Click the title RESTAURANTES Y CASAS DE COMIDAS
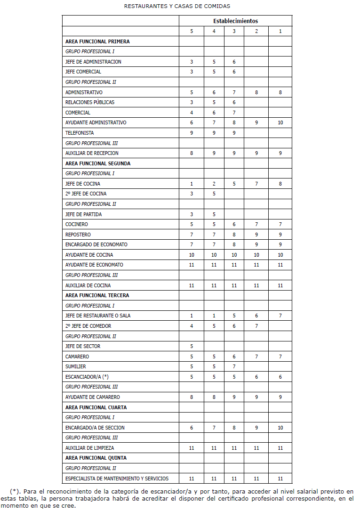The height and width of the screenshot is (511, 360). [x=177, y=6]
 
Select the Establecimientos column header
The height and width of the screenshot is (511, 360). [x=235, y=21]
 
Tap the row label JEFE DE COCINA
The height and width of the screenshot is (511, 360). [x=83, y=184]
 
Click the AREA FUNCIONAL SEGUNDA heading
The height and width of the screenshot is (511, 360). [x=98, y=163]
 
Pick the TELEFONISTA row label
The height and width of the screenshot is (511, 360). [x=80, y=133]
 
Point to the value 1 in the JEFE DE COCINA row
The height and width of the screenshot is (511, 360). [x=192, y=184]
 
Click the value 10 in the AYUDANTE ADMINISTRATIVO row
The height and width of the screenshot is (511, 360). [x=280, y=122]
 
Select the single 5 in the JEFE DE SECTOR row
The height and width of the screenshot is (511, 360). [x=192, y=346]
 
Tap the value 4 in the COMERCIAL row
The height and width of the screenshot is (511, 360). [x=192, y=113]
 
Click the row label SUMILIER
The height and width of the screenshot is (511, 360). [x=76, y=366]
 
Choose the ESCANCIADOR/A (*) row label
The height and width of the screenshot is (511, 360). [x=87, y=376]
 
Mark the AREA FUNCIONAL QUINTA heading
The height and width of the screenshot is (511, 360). [x=96, y=458]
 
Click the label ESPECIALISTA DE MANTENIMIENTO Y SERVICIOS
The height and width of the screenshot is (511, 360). [x=117, y=479]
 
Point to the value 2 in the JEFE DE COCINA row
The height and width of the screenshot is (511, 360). [x=214, y=184]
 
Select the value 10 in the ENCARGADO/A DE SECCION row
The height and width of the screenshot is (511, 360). [x=280, y=428]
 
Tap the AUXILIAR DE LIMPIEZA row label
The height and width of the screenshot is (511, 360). [x=89, y=448]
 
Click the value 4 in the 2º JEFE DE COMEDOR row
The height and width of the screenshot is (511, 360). [x=192, y=326]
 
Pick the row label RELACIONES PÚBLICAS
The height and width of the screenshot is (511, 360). [x=90, y=102]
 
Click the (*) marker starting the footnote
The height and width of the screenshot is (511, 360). [x=15, y=491]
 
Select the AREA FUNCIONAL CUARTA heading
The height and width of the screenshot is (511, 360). [x=96, y=407]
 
